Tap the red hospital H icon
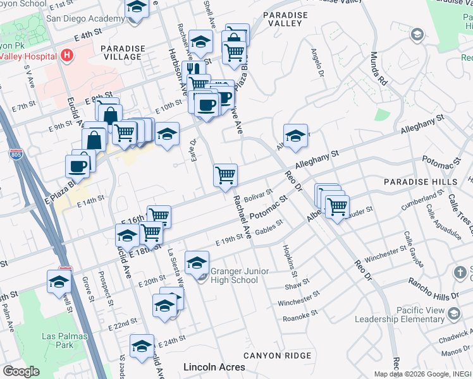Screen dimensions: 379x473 (x=66, y=56)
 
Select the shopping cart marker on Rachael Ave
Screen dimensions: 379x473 (x=225, y=175)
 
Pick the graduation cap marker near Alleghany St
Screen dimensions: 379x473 (x=295, y=136)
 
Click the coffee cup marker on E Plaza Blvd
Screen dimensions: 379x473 (x=78, y=166)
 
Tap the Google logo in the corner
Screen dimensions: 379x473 (x=21, y=371)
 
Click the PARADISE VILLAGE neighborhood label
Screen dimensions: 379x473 (x=121, y=52)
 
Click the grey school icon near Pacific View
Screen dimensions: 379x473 (x=453, y=314)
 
